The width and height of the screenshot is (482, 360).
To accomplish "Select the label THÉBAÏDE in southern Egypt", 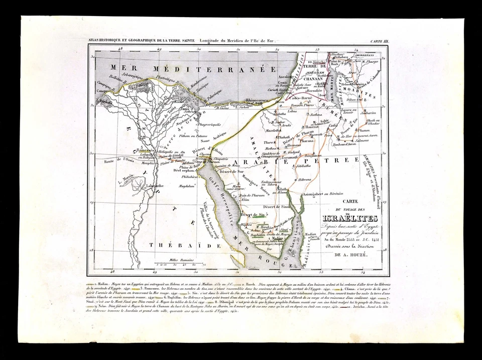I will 172,245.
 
